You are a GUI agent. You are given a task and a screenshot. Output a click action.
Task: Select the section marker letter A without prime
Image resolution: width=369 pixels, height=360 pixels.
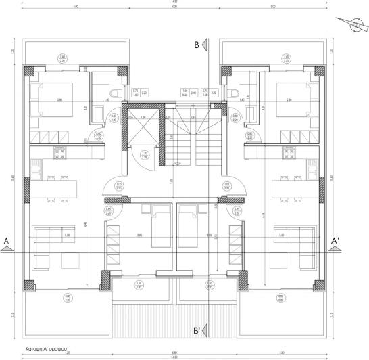pyautogui.click(x=6, y=241)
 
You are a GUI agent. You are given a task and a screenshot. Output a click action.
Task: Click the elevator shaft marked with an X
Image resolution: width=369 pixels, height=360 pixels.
pyautogui.click(x=144, y=126)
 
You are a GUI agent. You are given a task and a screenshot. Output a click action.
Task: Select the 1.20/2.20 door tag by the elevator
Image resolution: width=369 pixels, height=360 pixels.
pyautogui.click(x=145, y=155)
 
